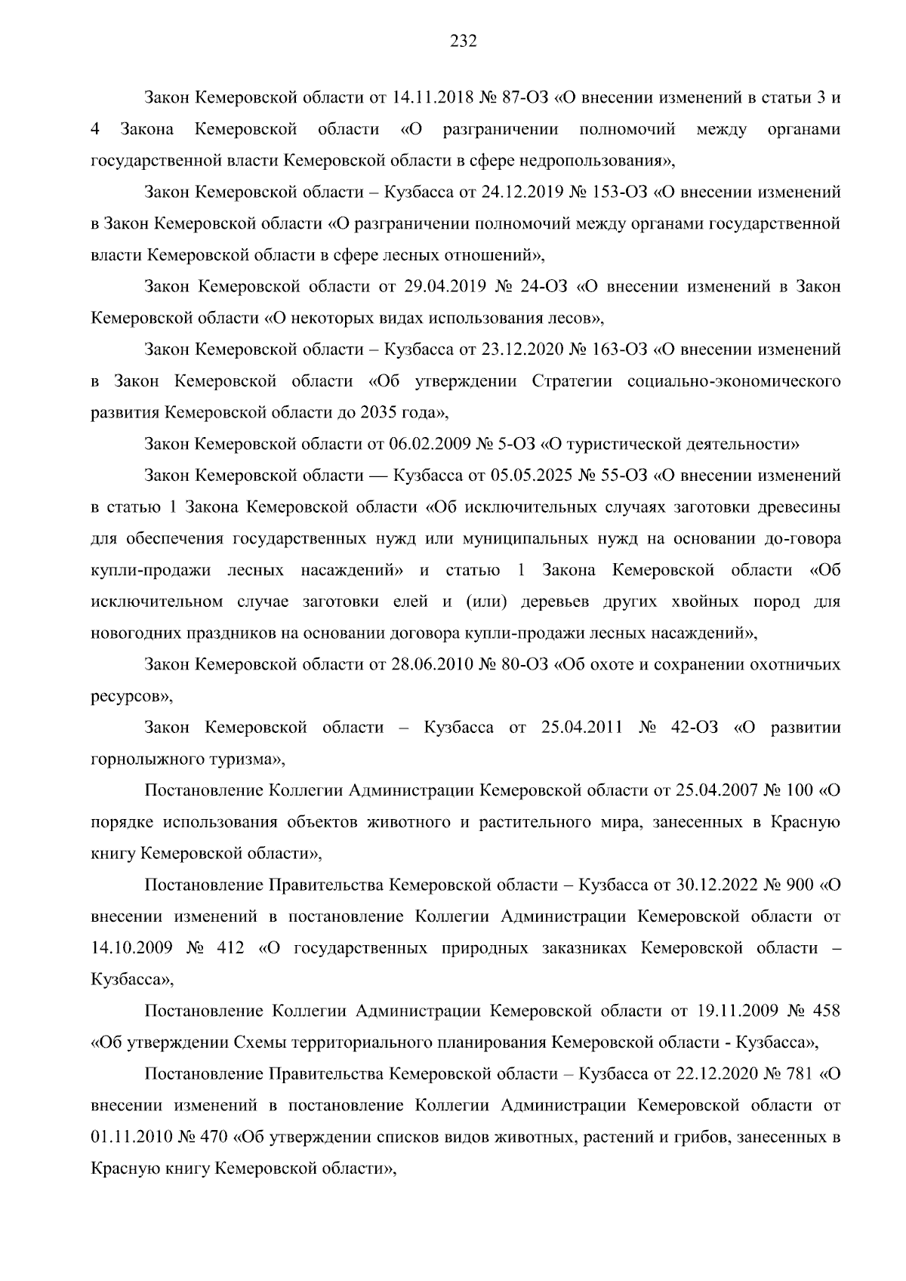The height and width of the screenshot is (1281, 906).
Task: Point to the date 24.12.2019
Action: (x=517, y=192)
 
